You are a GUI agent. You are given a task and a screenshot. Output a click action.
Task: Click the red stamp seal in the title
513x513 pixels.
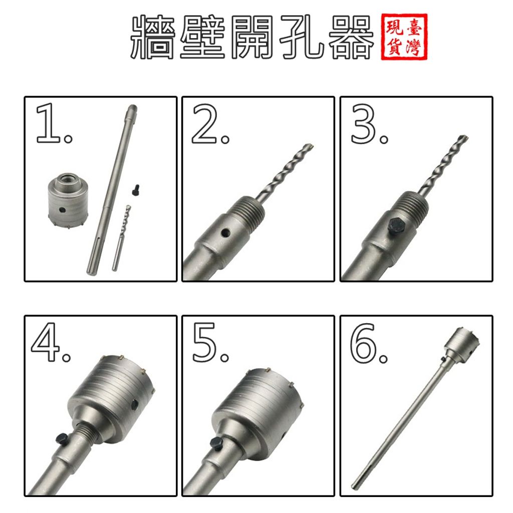pos(404,37)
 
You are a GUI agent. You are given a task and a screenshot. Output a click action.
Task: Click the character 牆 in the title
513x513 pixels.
pos(153,37)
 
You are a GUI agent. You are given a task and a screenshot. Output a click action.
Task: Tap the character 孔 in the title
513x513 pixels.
pos(301,37)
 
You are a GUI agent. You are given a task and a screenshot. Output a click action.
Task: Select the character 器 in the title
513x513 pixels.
pos(351,37)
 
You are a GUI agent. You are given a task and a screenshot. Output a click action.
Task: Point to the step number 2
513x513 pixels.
pos(210,124)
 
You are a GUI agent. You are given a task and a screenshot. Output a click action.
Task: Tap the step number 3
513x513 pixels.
pos(369,124)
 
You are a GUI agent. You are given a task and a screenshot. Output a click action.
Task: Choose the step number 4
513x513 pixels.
pos(51,342)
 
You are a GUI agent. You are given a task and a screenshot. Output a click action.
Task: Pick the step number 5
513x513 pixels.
pos(210,342)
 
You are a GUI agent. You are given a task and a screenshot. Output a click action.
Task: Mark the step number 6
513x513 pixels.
pos(369,343)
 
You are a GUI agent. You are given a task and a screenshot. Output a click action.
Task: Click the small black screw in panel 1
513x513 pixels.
pos(135,190)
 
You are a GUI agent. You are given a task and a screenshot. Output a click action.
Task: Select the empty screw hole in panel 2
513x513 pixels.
pos(225,233)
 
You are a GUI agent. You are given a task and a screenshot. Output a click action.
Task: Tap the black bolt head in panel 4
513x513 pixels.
pos(62,438)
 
